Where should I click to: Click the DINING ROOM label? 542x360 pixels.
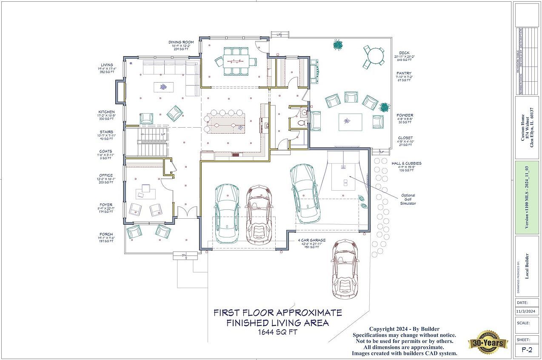pos(181,43)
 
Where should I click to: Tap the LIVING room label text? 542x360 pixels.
pos(107,65)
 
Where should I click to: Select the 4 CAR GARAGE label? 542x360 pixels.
pos(311,240)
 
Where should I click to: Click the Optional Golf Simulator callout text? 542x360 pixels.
pos(408,200)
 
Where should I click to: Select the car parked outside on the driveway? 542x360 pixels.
pos(345,269)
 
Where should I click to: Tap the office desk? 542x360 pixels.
pos(145,194)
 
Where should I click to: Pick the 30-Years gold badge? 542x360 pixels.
pos(488,342)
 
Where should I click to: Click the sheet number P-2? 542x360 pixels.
pos(527,350)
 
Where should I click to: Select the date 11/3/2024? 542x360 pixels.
pos(527,311)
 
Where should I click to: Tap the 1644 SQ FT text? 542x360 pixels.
pos(277,332)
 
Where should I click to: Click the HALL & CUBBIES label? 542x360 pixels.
pos(407,163)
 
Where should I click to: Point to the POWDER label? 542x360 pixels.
pos(405,115)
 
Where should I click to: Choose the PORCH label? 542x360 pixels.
pos(106,234)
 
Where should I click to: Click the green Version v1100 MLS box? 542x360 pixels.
pos(527,197)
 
